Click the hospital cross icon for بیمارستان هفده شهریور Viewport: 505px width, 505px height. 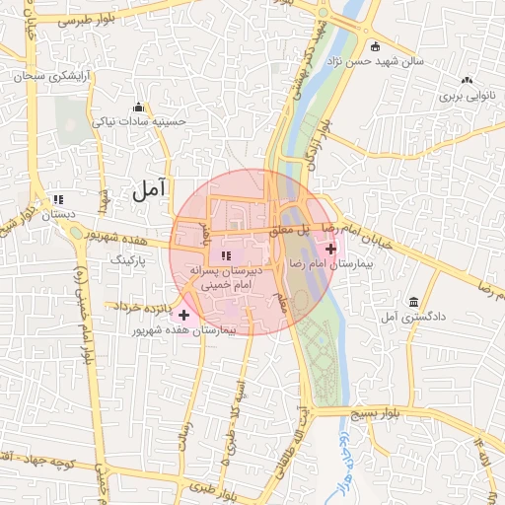tap(183, 315)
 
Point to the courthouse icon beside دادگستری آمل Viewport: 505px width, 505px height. tap(411, 301)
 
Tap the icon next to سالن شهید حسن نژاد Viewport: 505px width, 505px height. tap(375, 46)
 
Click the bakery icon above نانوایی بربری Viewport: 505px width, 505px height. tap(466, 80)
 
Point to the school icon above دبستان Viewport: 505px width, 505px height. tap(56, 197)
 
